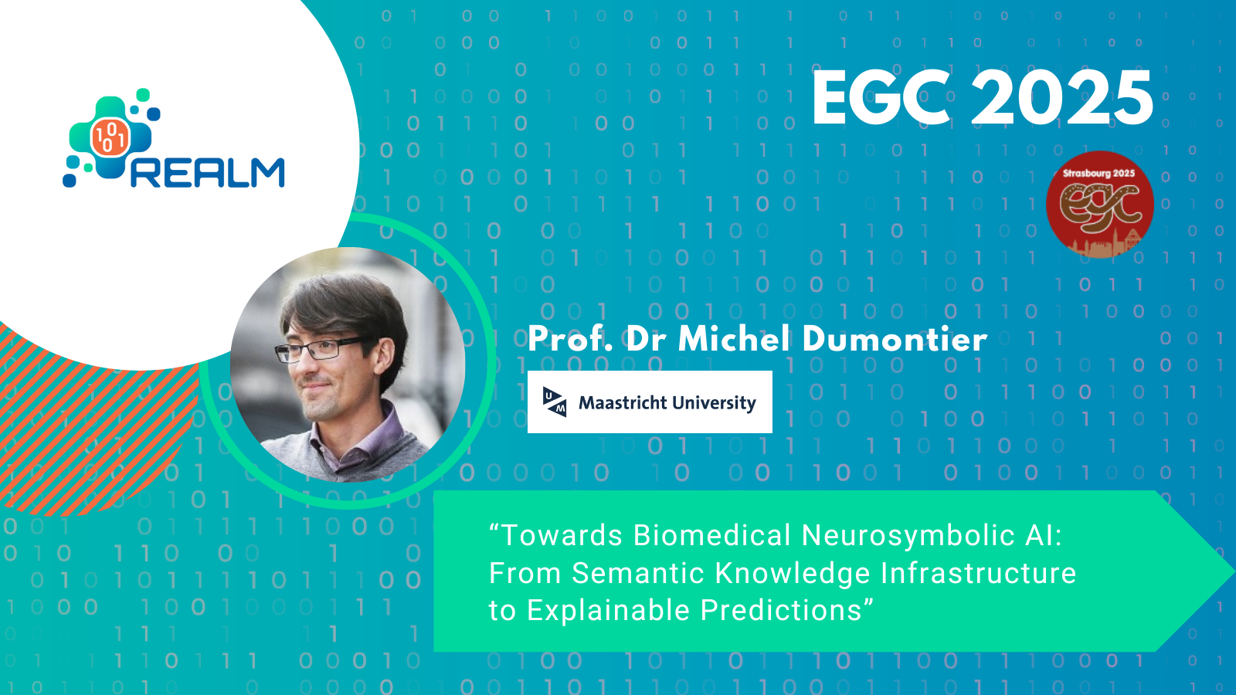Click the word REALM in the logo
208,173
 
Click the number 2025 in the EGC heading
1061,97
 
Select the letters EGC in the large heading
881,97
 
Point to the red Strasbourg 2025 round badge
1100,205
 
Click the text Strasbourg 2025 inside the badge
1099,173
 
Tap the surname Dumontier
895,339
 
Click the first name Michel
733,339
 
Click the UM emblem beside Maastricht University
555,402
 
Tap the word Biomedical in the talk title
711,535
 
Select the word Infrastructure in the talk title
978,573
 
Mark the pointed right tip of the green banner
1234,571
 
